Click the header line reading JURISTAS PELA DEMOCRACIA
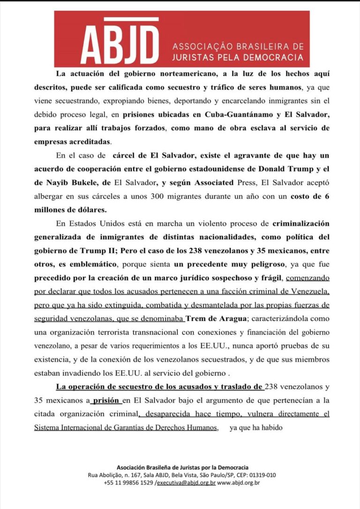pos(238,57)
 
